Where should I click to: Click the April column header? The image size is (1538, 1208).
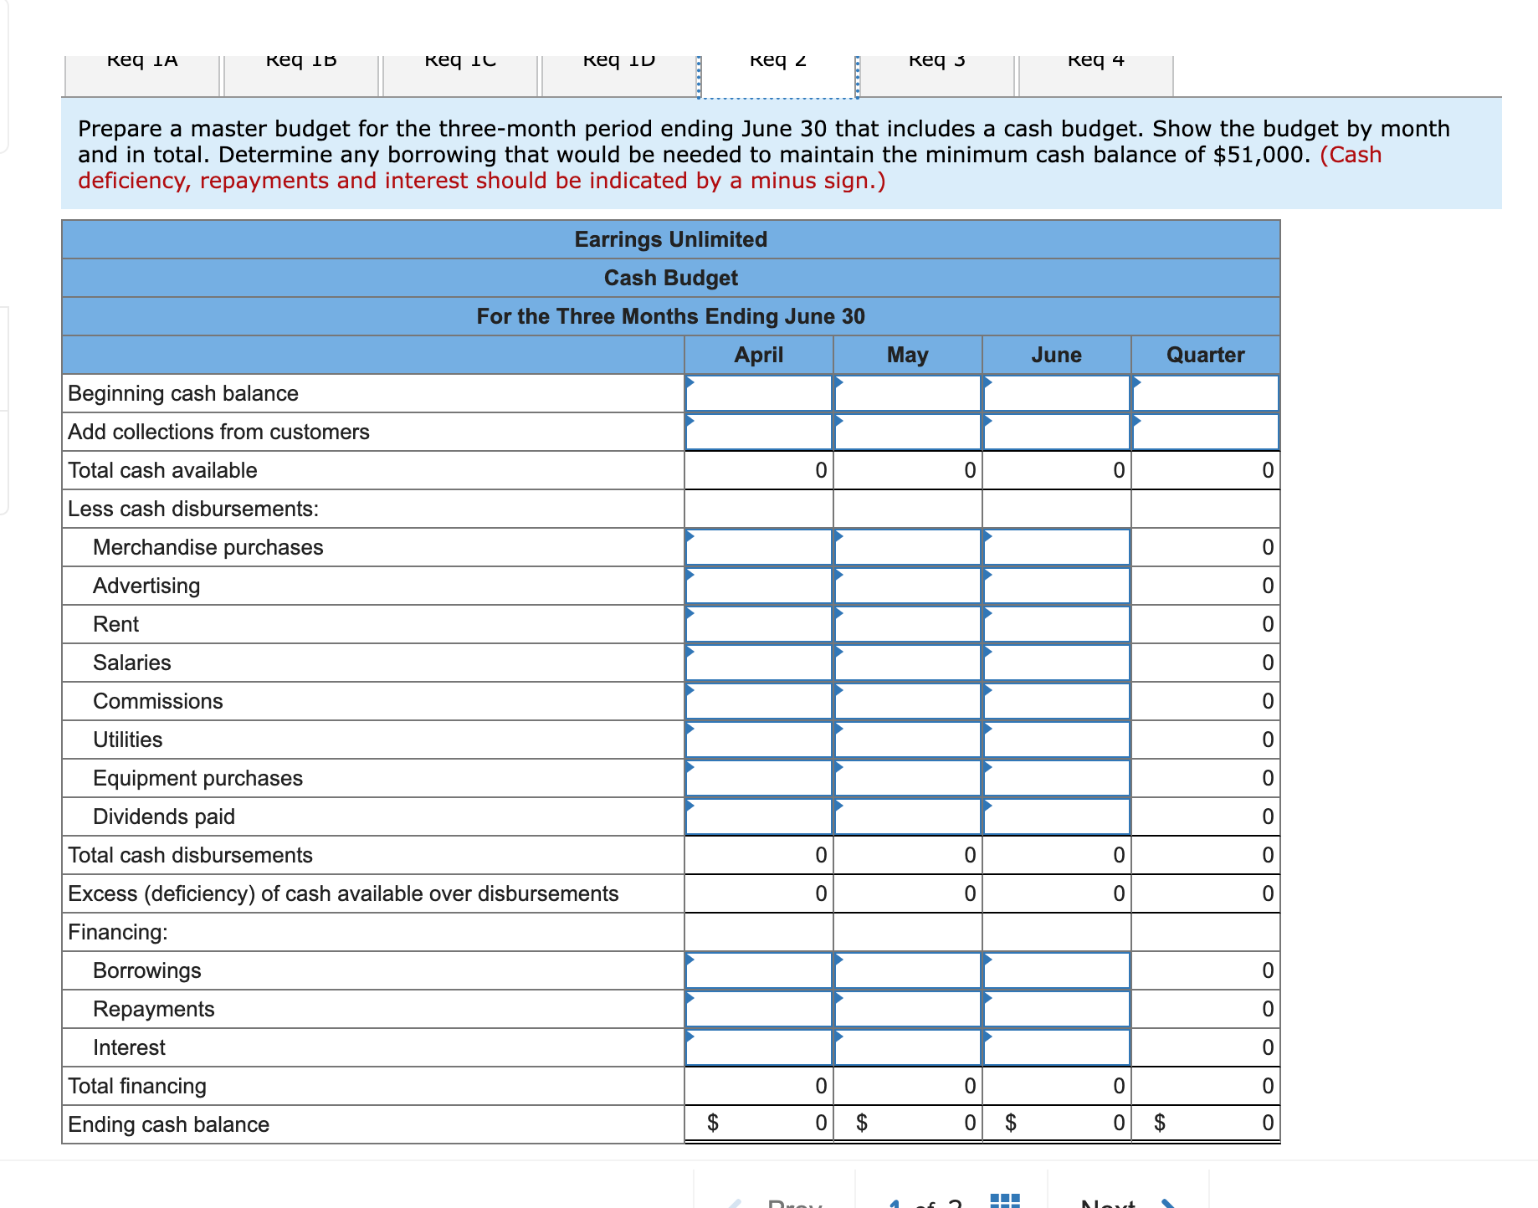click(758, 355)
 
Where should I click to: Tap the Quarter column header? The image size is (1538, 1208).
click(1205, 355)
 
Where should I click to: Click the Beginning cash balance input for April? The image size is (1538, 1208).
click(758, 393)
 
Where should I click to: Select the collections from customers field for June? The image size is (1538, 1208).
click(1056, 432)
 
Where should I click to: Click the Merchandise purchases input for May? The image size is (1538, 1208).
click(907, 547)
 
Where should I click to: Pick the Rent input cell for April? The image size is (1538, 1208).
click(758, 624)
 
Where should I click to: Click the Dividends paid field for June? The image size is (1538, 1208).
click(1056, 816)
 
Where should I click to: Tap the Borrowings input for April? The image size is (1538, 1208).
click(758, 970)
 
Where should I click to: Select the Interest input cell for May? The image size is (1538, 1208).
click(907, 1047)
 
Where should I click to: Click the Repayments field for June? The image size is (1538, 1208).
click(1056, 1009)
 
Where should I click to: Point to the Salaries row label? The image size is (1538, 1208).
click(132, 663)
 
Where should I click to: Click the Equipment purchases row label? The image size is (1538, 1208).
click(197, 778)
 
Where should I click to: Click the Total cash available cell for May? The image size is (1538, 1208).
click(907, 470)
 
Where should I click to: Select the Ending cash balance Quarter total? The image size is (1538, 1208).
click(1205, 1123)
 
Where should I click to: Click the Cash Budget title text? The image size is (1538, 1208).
click(670, 278)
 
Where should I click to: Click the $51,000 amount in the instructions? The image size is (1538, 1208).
click(1260, 155)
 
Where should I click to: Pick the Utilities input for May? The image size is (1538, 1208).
click(907, 740)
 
